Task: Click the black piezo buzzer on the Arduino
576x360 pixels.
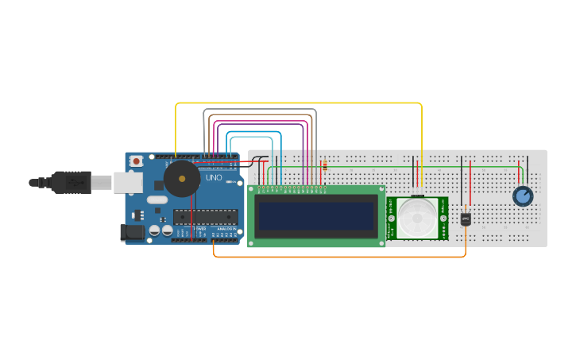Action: click(181, 179)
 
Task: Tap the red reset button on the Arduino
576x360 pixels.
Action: click(136, 161)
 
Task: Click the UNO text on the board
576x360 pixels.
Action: click(215, 177)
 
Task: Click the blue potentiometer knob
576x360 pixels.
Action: click(522, 195)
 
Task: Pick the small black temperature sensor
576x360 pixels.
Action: click(466, 218)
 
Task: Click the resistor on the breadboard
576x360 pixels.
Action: click(324, 166)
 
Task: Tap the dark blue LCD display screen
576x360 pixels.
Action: click(315, 215)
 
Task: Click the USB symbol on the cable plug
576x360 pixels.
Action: click(75, 183)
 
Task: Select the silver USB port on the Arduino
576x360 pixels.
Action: click(127, 183)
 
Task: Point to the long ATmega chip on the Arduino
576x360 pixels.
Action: click(205, 216)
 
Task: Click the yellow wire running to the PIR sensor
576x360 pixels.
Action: click(298, 103)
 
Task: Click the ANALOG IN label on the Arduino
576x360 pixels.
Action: click(226, 230)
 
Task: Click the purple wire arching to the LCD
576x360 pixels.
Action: click(262, 122)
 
